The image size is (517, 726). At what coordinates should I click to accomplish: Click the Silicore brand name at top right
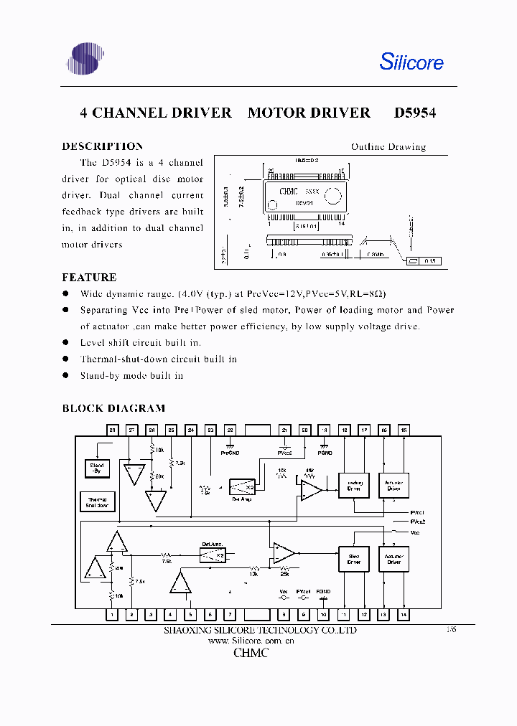coord(411,62)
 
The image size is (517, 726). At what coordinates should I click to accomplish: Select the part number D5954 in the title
coord(415,113)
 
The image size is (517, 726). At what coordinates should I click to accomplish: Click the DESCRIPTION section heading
coord(102,146)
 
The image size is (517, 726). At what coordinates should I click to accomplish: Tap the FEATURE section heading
coord(89,277)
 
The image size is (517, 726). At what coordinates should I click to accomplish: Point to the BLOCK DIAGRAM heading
coord(113,408)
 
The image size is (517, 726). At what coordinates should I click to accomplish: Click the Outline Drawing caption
coord(388,147)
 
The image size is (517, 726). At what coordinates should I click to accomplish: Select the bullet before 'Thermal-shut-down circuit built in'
coord(65,359)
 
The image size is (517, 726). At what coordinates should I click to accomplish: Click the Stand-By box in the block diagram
coord(97,469)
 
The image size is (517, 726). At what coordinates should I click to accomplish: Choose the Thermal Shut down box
coord(97,502)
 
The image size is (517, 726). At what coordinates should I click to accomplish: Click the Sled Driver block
coord(353,560)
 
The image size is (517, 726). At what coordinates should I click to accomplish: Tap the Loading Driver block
coord(353,486)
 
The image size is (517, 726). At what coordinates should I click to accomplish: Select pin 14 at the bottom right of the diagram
coord(404,615)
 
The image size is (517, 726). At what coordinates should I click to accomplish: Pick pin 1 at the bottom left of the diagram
coord(112,615)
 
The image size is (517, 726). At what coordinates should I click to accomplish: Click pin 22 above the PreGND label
coord(230,430)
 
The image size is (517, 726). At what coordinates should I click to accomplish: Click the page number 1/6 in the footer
coord(451,629)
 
